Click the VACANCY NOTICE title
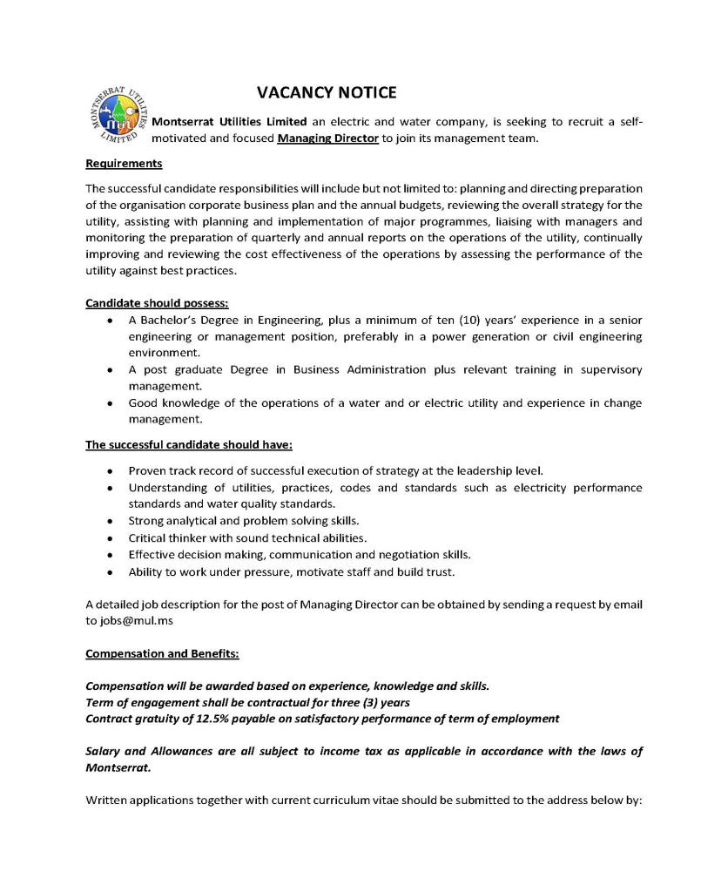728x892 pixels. click(x=327, y=92)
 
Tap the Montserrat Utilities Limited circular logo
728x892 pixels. click(x=118, y=118)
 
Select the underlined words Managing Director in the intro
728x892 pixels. click(x=327, y=139)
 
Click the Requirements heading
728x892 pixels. click(x=124, y=163)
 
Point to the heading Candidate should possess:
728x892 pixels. click(x=157, y=302)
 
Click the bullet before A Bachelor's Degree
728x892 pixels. click(x=108, y=321)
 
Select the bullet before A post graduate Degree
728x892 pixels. click(x=108, y=370)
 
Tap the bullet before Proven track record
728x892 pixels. click(x=108, y=471)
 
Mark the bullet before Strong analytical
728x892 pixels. click(x=108, y=522)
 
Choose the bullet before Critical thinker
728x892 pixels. click(x=108, y=538)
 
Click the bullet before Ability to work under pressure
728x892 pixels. click(x=108, y=572)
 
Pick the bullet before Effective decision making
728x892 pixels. click(x=108, y=555)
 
